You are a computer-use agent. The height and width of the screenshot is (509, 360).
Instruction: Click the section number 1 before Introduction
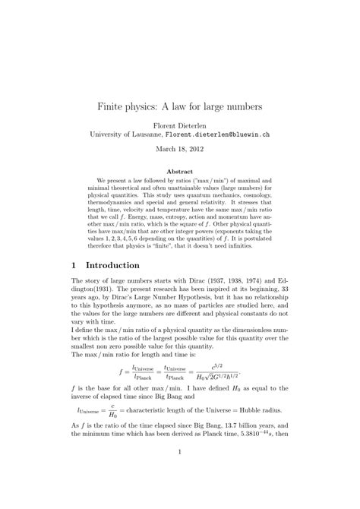74,266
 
